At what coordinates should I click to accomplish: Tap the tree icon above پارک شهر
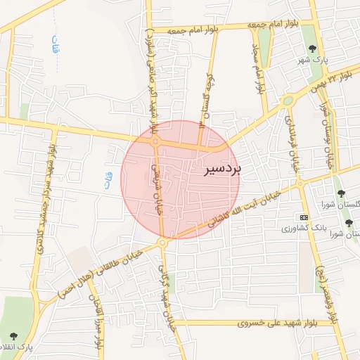click(x=312, y=48)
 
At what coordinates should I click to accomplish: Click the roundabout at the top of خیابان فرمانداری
click(x=287, y=101)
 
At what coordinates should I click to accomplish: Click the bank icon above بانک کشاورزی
click(x=302, y=217)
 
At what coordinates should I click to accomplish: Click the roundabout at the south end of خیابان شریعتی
click(x=162, y=243)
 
